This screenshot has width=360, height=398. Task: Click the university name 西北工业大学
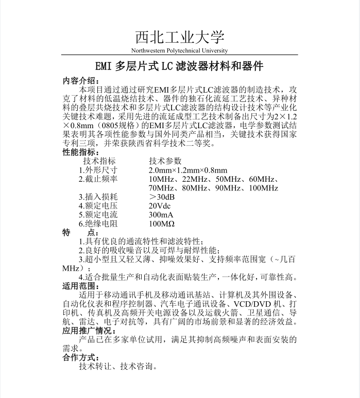[180, 38]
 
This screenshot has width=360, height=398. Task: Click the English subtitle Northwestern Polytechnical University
[179, 50]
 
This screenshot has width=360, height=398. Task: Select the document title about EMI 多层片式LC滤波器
[180, 66]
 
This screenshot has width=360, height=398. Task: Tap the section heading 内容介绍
[78, 81]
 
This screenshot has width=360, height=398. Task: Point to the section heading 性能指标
[78, 152]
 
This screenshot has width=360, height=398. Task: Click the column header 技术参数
[165, 161]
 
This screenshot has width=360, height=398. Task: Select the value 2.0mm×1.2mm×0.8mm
[188, 170]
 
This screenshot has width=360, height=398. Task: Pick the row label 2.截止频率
[98, 179]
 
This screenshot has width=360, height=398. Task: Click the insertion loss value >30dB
[162, 197]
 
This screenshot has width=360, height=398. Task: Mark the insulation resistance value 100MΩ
[162, 224]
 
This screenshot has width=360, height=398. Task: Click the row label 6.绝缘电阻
[98, 224]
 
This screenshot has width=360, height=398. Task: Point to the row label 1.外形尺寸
[98, 170]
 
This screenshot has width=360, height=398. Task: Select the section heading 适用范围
[78, 286]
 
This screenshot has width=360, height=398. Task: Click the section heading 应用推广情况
[89, 331]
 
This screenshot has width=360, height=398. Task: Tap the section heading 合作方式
[78, 358]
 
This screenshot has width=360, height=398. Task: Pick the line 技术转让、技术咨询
[118, 367]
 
